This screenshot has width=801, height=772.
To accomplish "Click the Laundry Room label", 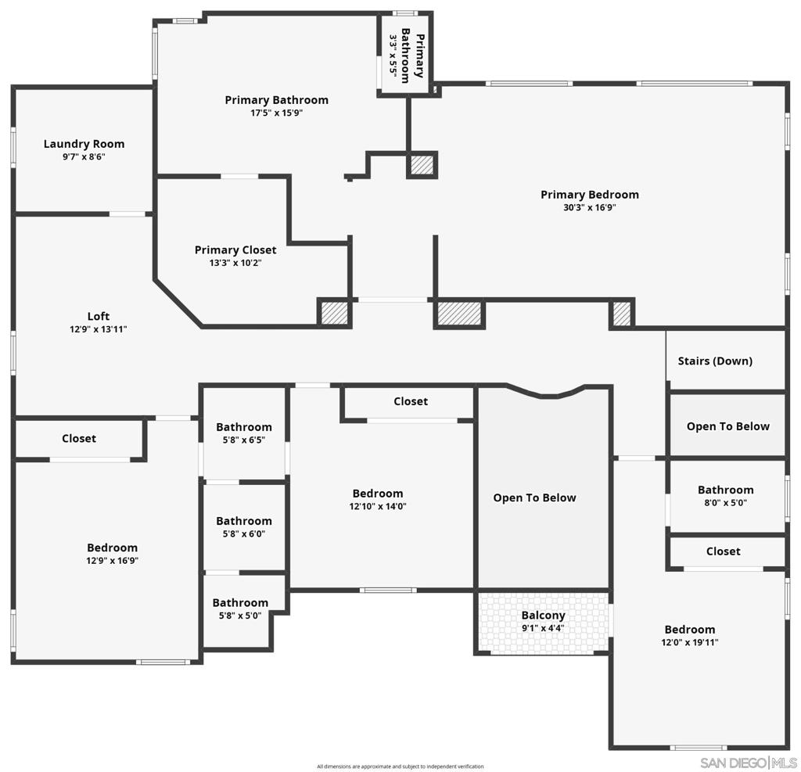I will click(84, 144).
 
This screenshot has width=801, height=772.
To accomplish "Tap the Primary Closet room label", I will click(235, 250).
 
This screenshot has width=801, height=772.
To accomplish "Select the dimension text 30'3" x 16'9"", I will click(589, 207).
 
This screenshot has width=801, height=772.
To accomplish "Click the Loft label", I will click(98, 317).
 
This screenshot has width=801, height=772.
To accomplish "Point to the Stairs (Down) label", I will click(715, 361).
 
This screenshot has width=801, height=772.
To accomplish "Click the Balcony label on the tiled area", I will click(543, 616).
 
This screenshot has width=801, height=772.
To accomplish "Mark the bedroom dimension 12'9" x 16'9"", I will click(112, 561).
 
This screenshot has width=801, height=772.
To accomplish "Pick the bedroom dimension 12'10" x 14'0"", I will click(378, 506).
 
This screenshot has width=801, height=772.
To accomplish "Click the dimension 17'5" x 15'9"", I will click(276, 113).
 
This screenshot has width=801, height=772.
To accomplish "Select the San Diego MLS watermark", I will click(748, 763).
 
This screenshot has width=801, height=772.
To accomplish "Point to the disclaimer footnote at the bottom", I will click(400, 767).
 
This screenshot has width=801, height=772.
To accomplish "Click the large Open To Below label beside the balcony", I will click(534, 498).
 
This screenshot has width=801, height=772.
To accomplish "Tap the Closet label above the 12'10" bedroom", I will click(410, 401).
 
